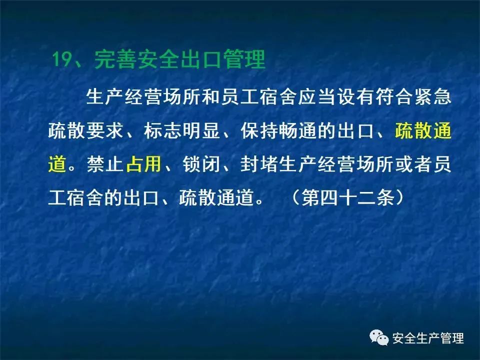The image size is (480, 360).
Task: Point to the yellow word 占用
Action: (x=144, y=164)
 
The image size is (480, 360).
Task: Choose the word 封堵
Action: (x=259, y=164)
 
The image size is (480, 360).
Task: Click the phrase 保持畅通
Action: (x=278, y=131)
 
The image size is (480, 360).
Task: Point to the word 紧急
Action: (x=432, y=97)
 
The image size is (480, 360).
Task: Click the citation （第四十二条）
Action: (x=347, y=197)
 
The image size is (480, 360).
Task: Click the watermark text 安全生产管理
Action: (x=428, y=338)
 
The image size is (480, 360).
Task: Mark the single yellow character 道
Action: (x=57, y=164)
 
